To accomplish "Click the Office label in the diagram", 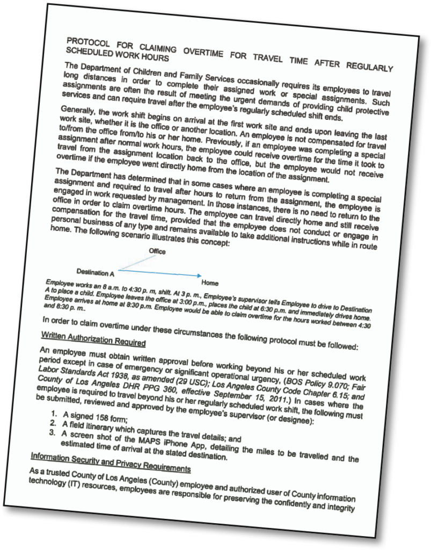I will pyautogui.click(x=157, y=251).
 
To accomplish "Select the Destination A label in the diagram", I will pyautogui.click(x=95, y=272).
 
